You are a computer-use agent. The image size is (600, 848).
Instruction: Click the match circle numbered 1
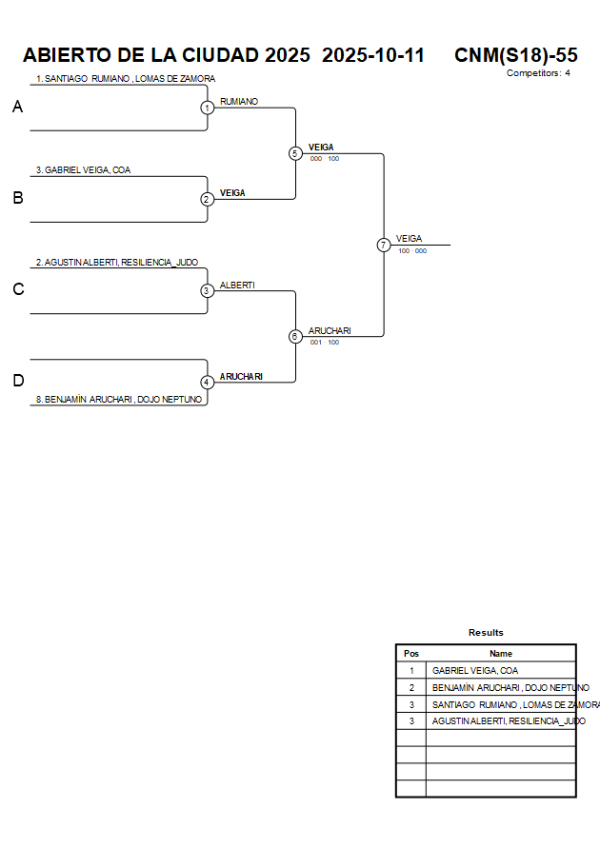coord(207,108)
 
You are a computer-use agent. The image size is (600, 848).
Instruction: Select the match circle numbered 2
coord(207,199)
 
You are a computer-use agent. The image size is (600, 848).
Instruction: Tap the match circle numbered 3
coord(207,290)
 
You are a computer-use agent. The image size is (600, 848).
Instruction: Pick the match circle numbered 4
coord(207,382)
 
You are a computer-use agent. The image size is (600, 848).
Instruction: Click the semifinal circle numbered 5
coord(295,153)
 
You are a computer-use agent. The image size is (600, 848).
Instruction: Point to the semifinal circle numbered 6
coord(295,336)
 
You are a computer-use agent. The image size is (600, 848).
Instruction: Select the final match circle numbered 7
coord(384,245)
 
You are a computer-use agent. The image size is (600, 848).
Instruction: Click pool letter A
coord(17,108)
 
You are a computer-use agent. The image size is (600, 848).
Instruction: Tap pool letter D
coord(17,381)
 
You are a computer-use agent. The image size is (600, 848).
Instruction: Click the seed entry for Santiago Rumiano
coord(125,79)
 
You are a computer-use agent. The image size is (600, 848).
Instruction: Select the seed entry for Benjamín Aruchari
coord(119,400)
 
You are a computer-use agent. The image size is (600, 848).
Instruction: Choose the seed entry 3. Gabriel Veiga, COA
coord(83,170)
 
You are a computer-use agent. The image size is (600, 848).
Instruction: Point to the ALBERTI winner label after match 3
coord(237,285)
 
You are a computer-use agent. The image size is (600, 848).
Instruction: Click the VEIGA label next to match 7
coord(409,239)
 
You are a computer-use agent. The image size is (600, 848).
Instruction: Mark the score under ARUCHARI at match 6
coord(324,342)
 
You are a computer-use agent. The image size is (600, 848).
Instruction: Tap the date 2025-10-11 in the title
coord(373,55)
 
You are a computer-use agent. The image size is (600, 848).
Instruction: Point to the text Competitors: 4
coord(538,73)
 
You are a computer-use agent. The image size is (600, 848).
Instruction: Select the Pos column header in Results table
coord(411,654)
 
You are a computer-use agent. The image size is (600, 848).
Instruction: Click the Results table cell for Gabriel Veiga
coord(475,670)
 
